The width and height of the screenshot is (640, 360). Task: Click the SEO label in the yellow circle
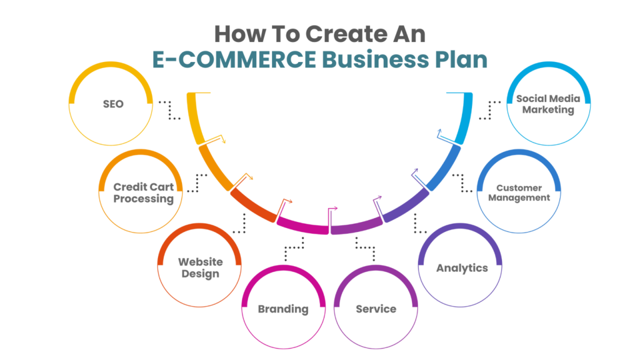click(x=113, y=104)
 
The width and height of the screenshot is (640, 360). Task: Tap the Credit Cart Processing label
click(x=143, y=193)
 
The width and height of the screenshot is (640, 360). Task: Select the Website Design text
click(x=200, y=267)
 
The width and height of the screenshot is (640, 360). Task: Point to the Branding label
click(x=283, y=309)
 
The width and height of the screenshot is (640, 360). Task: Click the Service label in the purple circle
click(x=376, y=309)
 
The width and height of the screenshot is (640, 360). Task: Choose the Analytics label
click(x=462, y=268)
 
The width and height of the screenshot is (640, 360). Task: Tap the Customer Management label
click(x=519, y=192)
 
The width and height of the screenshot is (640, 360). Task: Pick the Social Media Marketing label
click(x=548, y=104)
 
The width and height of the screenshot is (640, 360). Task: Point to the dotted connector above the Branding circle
click(x=293, y=249)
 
